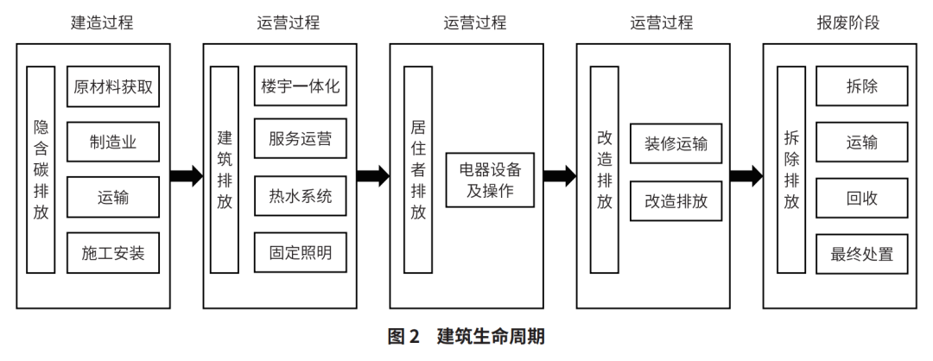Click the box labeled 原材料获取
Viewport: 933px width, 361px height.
point(114,88)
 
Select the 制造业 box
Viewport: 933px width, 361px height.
point(114,142)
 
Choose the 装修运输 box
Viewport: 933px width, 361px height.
point(676,143)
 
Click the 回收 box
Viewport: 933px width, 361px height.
point(861,198)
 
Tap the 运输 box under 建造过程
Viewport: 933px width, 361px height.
point(114,198)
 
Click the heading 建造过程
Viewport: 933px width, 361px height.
point(102,22)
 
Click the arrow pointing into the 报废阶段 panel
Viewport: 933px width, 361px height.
point(745,177)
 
